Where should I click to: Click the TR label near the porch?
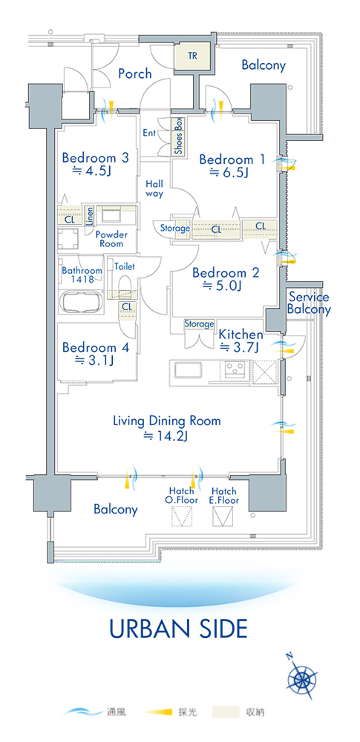pos(192,56)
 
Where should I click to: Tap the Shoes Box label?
pos(179,136)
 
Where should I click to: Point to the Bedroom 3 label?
pos(95,157)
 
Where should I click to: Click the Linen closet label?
pos(90,216)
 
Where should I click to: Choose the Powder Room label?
pos(111,239)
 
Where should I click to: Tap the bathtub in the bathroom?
pos(82,301)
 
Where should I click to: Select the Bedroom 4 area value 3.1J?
pos(95,361)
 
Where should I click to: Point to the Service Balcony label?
pos(309,303)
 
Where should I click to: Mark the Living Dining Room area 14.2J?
pos(166,436)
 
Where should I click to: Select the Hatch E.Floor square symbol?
pos(223,516)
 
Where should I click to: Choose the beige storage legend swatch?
pos(226,711)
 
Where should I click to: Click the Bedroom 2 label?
pos(226,273)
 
